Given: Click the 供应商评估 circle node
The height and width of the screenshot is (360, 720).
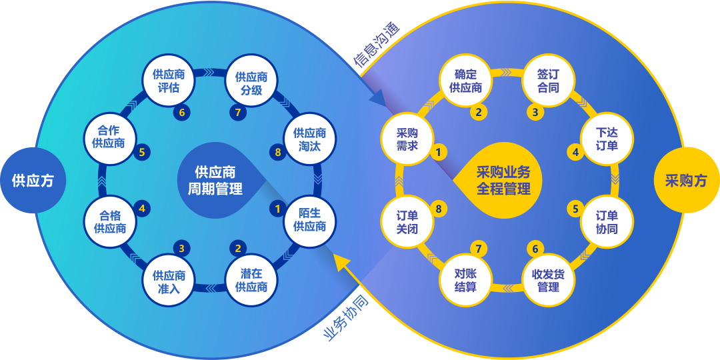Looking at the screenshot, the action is coord(166,81).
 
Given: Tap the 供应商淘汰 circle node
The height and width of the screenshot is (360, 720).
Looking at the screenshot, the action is coord(310,139).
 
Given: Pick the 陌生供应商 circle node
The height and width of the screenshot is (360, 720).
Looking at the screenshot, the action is coord(310,221).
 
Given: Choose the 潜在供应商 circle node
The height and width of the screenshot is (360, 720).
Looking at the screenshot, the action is coord(251,281).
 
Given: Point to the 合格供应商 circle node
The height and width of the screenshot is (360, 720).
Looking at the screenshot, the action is coord(110,221).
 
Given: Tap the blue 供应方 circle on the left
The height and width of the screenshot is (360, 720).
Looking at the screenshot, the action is coord(33,181).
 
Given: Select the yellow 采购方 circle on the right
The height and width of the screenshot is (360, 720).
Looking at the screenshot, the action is coord(687,181).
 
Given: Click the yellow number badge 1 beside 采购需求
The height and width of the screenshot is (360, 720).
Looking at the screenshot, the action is coord(439,153).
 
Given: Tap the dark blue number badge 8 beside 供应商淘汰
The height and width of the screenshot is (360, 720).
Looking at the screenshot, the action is coord(277,153).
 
